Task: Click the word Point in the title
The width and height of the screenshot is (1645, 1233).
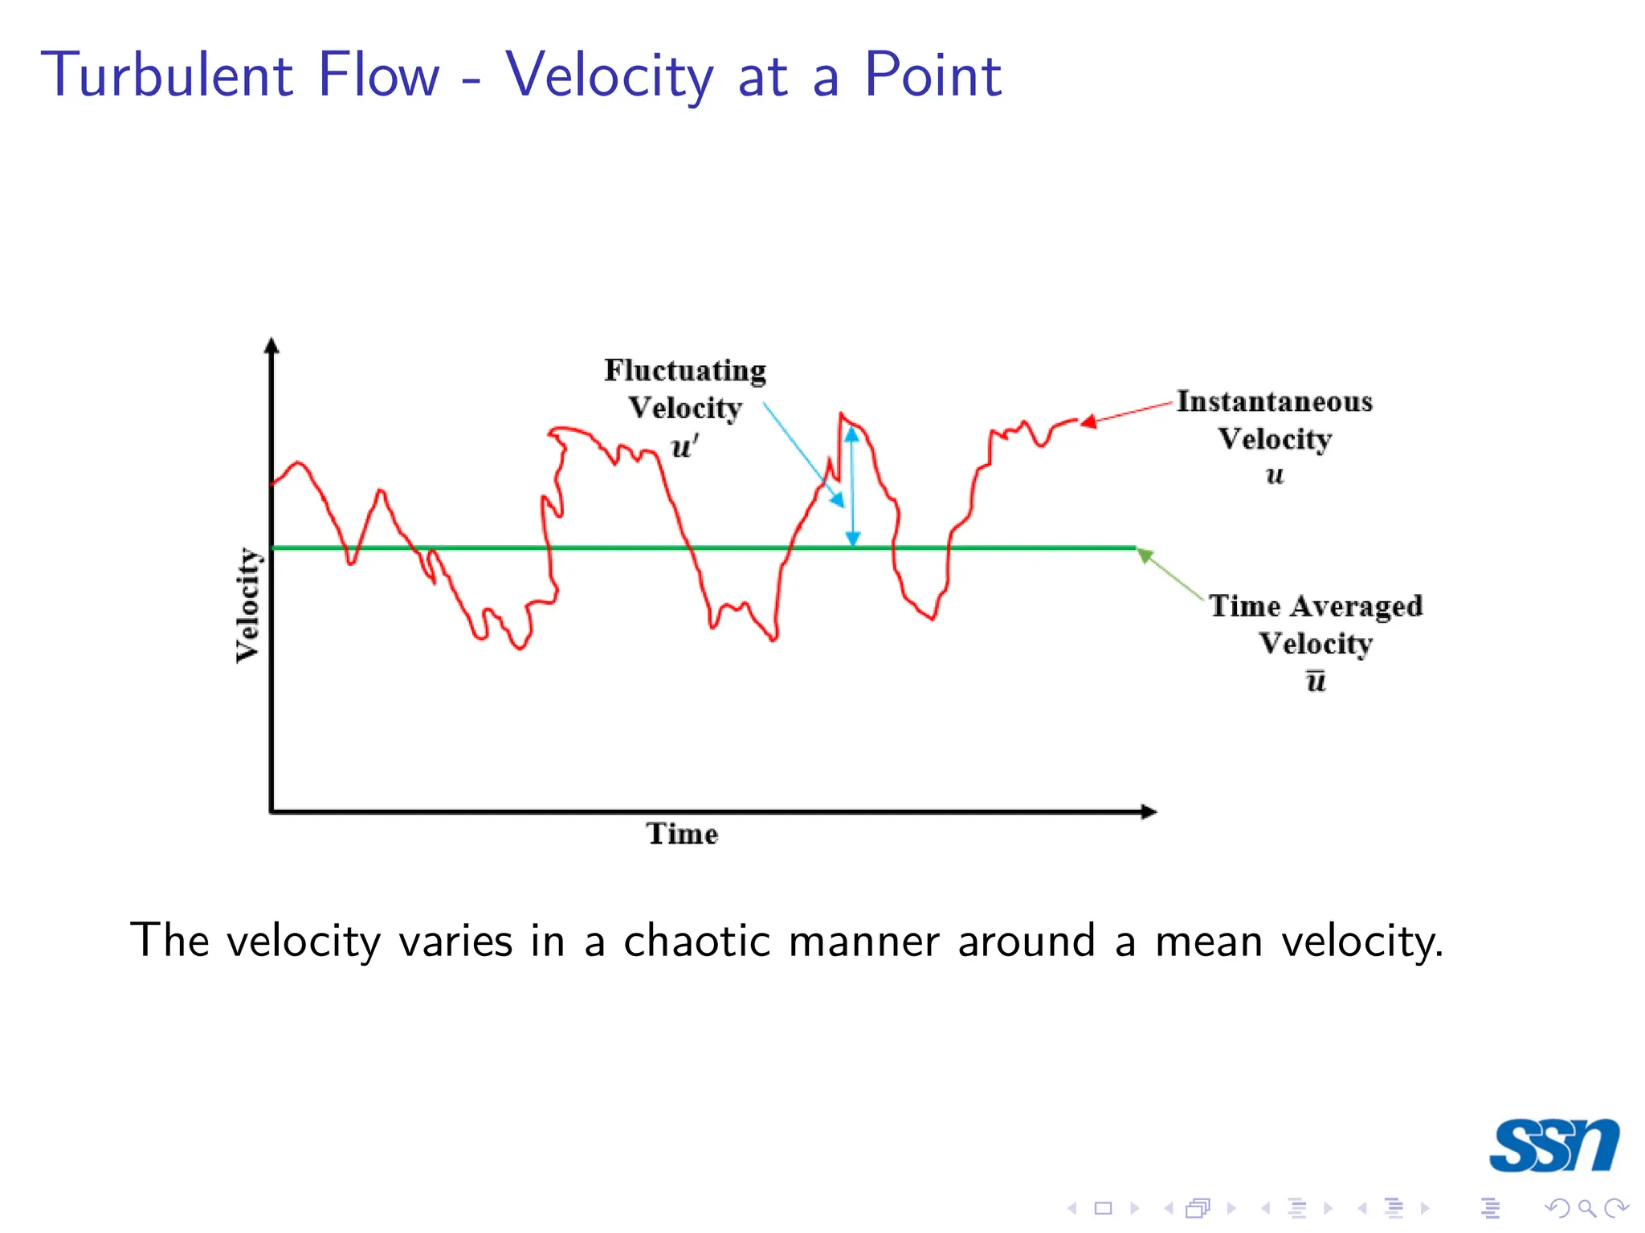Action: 932,75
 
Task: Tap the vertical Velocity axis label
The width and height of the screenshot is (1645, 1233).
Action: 248,605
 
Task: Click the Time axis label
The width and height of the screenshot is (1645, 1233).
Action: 682,834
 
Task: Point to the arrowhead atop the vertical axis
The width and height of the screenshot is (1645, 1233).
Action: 271,346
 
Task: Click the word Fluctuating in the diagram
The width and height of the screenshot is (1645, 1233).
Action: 685,371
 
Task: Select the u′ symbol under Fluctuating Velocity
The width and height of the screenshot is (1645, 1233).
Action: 684,446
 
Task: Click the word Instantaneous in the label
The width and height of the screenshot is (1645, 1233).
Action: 1275,401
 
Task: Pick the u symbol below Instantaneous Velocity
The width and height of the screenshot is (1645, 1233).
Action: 1275,475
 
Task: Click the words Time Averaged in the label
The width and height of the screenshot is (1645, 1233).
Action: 1316,606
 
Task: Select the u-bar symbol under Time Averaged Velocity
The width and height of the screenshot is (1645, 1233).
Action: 1316,681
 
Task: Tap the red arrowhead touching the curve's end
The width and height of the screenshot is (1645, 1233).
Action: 1088,421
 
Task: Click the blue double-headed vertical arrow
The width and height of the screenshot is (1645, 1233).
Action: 852,486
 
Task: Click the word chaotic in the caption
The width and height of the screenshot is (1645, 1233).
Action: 697,941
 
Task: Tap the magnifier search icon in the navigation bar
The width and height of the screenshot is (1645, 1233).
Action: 1586,1208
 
